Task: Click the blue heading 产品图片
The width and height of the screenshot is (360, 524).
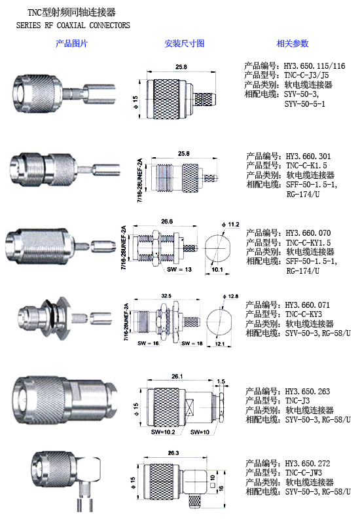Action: (71, 43)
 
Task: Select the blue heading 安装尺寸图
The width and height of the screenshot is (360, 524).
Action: (185, 43)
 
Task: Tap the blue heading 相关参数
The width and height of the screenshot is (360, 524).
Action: (293, 43)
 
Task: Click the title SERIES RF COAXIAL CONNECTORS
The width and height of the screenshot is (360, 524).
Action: (73, 25)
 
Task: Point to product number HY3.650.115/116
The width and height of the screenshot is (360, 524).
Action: (314, 66)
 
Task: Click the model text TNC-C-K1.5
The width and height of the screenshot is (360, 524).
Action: (306, 166)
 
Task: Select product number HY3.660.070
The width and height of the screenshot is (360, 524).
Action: (308, 233)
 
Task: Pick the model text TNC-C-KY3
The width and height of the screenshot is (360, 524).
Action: (303, 314)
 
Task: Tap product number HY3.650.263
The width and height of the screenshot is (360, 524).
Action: (307, 391)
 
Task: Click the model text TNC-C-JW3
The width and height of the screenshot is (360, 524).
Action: (303, 472)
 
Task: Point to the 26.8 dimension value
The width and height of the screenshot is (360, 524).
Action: (167, 221)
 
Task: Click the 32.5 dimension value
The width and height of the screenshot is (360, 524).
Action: (166, 296)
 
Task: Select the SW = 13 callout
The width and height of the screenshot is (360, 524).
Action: (179, 269)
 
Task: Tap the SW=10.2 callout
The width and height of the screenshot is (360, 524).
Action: (163, 432)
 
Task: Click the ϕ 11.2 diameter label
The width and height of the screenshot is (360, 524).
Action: (230, 224)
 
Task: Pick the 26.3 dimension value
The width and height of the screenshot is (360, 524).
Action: (173, 453)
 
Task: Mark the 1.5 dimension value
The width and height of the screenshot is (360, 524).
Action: (221, 381)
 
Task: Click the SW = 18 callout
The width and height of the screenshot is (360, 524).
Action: (192, 343)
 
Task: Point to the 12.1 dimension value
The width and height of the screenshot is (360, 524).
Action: (220, 343)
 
